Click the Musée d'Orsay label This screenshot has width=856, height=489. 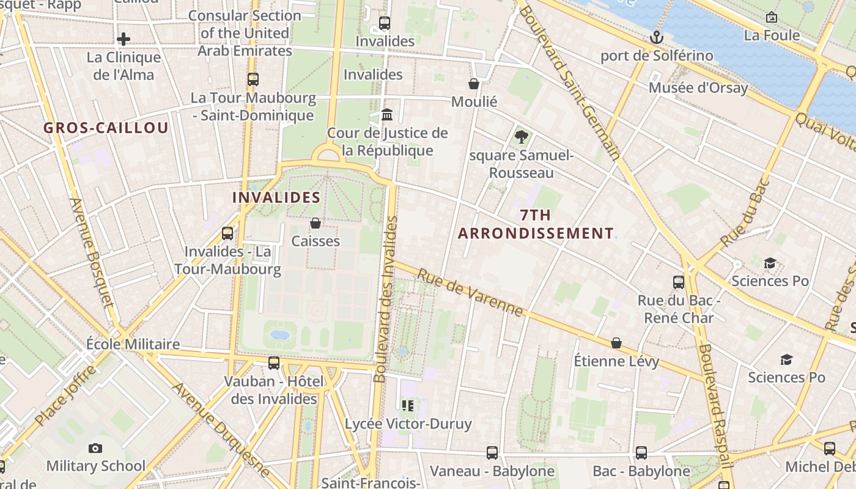[x=698, y=88]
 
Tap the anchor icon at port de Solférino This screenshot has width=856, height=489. [x=656, y=38]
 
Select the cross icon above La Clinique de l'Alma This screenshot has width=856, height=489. [x=124, y=40]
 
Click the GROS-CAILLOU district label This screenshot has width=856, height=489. [x=106, y=128]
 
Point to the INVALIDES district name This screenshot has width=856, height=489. [x=276, y=197]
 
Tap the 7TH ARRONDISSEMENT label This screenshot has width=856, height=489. [x=536, y=224]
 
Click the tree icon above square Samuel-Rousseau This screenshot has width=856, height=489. [x=521, y=137]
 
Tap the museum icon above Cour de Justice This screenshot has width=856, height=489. [x=387, y=115]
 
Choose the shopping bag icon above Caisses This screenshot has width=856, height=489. [x=315, y=223]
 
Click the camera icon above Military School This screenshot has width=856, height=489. [x=95, y=449]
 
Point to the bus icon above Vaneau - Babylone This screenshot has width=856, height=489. [x=492, y=453]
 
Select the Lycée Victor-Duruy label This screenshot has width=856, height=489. [x=408, y=424]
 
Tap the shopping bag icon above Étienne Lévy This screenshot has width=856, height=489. [x=616, y=344]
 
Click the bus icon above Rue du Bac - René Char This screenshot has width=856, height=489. [x=679, y=282]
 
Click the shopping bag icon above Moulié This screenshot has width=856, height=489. [x=474, y=84]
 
